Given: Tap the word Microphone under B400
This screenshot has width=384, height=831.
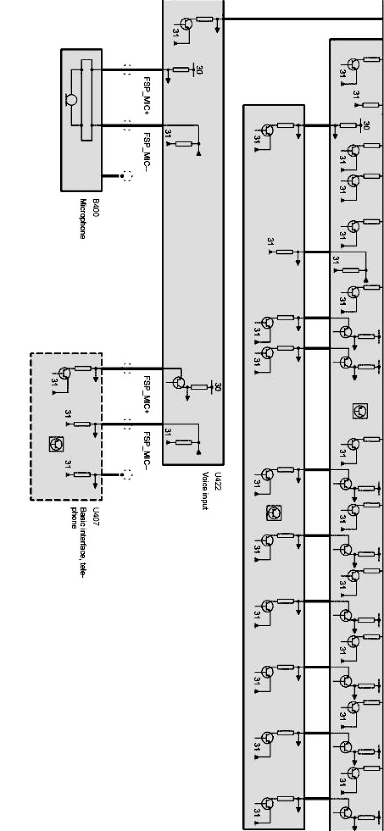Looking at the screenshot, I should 83,218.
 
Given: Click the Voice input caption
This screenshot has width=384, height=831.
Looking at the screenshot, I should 206,491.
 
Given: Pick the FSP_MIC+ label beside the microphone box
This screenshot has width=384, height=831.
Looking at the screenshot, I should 147,96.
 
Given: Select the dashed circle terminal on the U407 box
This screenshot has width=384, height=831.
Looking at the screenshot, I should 128,475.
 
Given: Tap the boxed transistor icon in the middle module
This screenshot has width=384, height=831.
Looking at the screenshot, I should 274,513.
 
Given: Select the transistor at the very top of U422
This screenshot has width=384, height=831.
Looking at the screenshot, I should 186,23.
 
